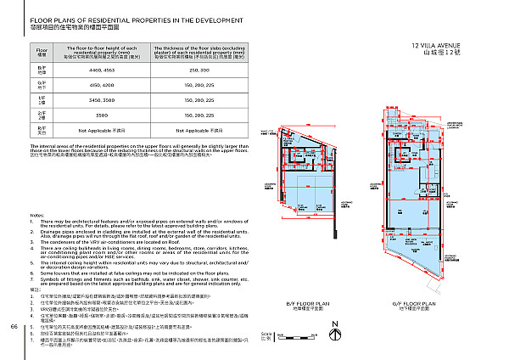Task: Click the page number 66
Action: pos(14,325)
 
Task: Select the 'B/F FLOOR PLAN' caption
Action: pos(301,302)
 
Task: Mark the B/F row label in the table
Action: pos(42,68)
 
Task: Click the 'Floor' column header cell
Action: pos(42,50)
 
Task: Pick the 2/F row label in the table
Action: pos(42,114)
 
